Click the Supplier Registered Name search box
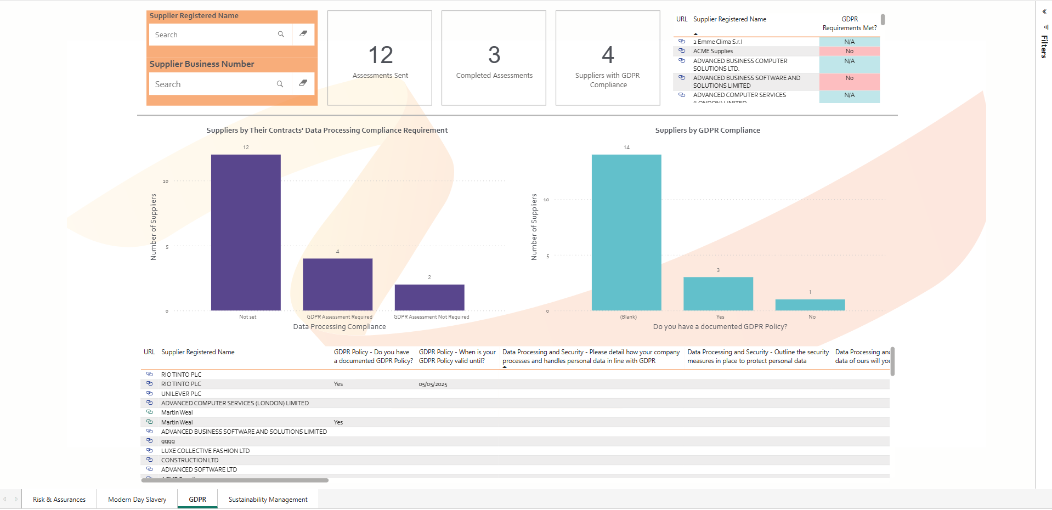(x=214, y=35)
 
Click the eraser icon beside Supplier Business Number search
(x=303, y=83)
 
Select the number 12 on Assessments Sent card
(x=380, y=55)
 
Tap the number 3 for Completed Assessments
(x=494, y=55)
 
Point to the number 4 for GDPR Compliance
(x=608, y=55)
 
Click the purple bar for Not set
(x=246, y=233)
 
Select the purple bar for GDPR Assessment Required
(x=337, y=285)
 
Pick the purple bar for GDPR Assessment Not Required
(x=429, y=297)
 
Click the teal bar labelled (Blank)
(x=626, y=233)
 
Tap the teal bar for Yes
(x=718, y=294)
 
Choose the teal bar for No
(x=810, y=305)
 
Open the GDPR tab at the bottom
(x=197, y=500)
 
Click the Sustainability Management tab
(x=268, y=500)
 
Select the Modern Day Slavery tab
(x=137, y=500)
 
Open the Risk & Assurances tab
(x=59, y=500)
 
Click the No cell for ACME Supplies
(x=849, y=51)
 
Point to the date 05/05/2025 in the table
(x=433, y=384)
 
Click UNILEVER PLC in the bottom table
(x=181, y=394)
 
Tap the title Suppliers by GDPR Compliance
(x=708, y=131)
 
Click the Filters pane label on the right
(x=1044, y=47)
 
